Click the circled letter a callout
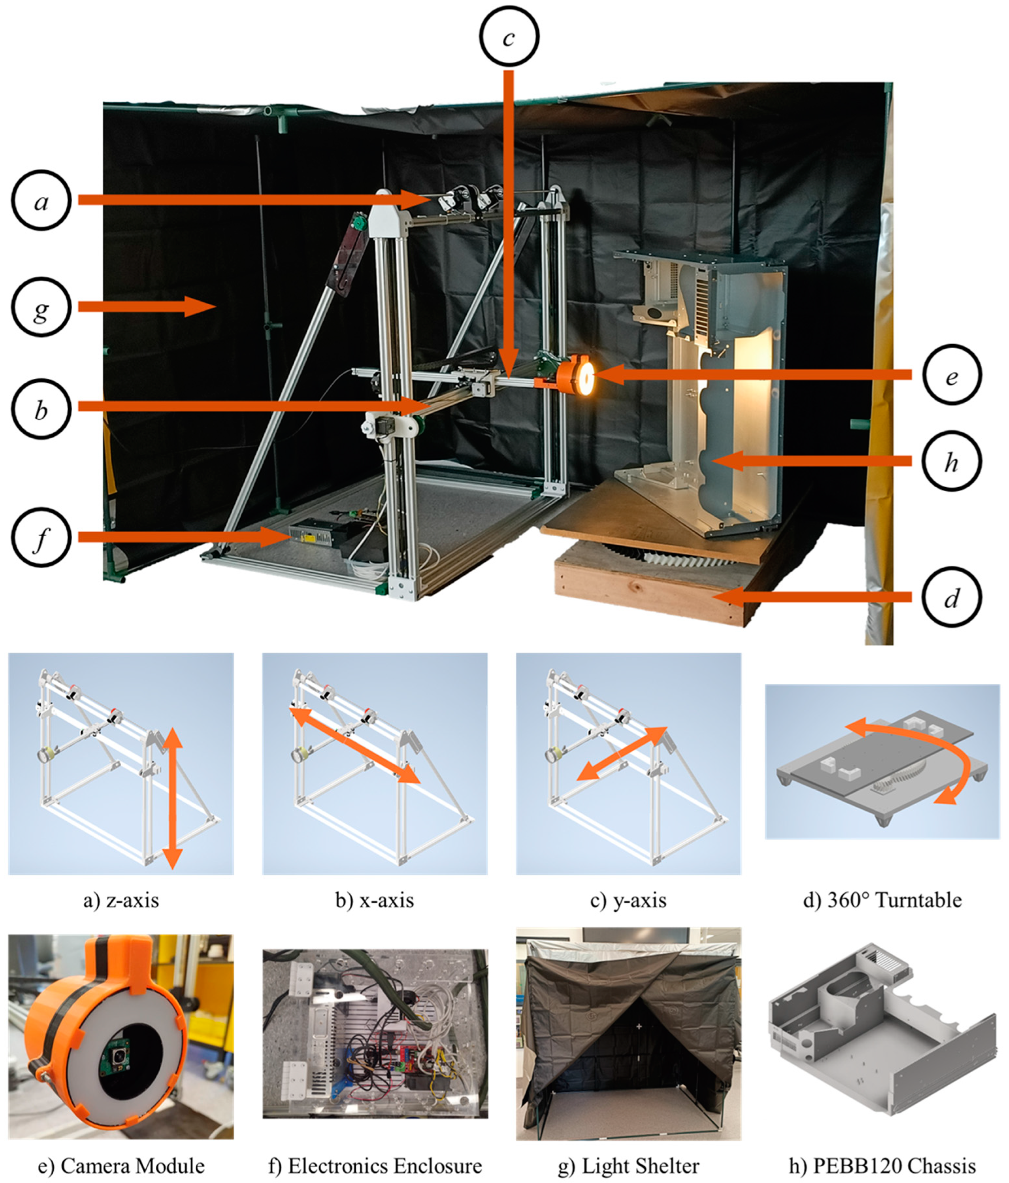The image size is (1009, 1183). click(x=41, y=200)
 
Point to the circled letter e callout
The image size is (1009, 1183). click(x=951, y=375)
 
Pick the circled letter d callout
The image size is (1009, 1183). click(x=951, y=598)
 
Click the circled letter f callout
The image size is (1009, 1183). click(x=41, y=537)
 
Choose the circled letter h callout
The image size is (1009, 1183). click(x=951, y=461)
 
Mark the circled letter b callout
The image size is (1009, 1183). click(x=41, y=409)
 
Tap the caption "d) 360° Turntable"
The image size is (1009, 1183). click(x=882, y=900)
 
